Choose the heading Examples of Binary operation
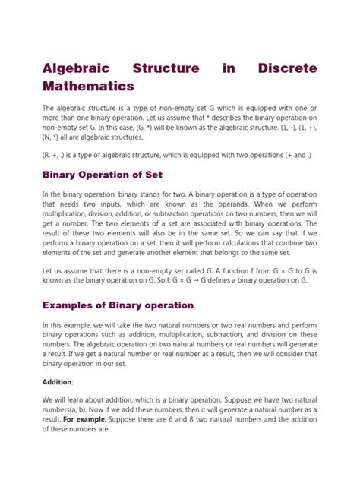(x=118, y=305)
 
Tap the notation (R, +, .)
(x=56, y=155)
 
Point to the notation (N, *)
(x=52, y=139)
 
